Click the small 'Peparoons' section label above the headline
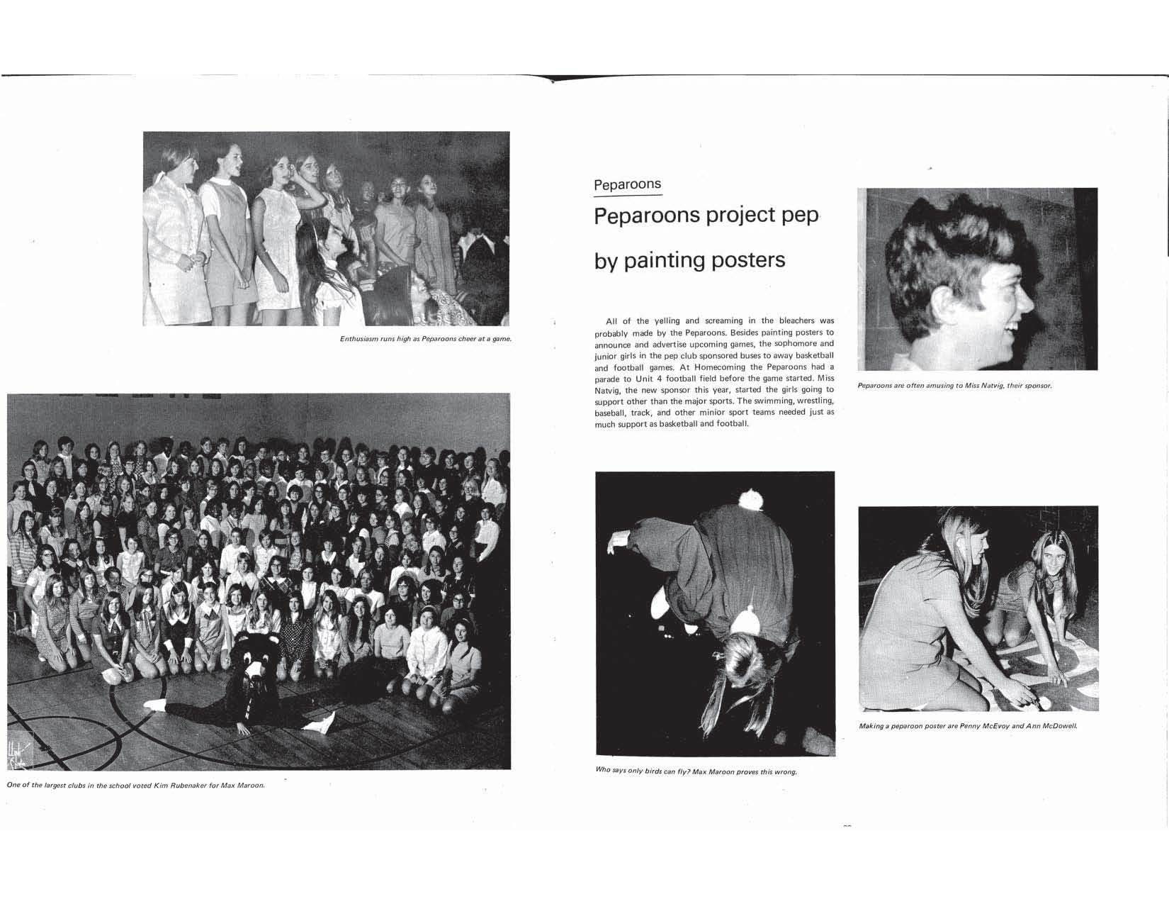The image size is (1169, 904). pos(627,185)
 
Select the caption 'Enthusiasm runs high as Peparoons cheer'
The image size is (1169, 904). pos(425,339)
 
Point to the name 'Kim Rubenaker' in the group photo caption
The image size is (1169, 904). pos(177,785)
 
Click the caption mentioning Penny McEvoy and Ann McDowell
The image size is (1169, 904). pos(968,726)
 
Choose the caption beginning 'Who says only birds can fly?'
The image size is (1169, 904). pos(696,771)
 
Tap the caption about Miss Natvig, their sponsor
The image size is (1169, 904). pos(954,386)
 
